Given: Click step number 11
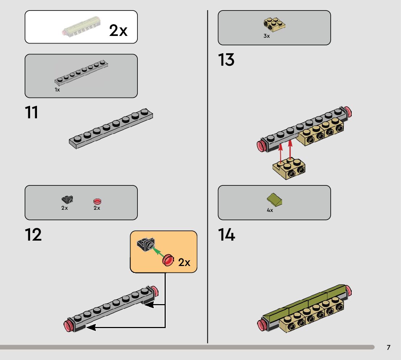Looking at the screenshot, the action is tap(32, 112).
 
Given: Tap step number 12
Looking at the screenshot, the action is tap(33, 235).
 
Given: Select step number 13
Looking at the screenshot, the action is tap(226, 60).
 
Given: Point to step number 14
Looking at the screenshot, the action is tap(227, 235).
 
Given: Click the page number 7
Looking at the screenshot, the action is tap(388, 348).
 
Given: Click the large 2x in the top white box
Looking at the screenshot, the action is tap(118, 31).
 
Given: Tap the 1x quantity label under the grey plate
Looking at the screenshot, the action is tap(57, 90).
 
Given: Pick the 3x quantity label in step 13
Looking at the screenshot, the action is tap(267, 36).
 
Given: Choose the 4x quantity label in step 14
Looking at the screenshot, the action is tap(270, 210).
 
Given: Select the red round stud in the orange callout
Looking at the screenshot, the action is tap(168, 260).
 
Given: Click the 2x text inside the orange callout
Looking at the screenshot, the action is tap(184, 262).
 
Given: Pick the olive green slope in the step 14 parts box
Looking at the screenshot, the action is tap(275, 200).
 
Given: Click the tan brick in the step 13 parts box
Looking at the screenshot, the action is tap(274, 24).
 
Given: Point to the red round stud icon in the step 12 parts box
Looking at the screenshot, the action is tap(97, 201).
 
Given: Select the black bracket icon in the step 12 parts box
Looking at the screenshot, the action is tap(67, 199).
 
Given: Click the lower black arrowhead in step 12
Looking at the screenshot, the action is tap(90, 327).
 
